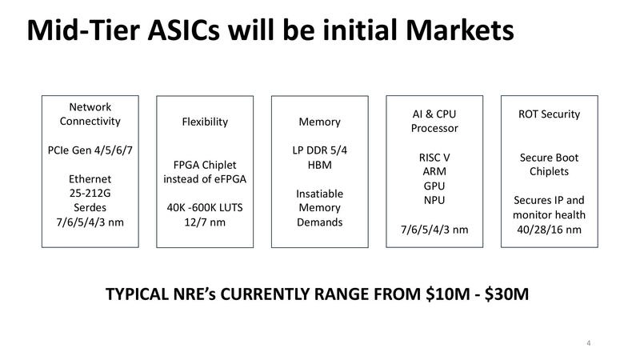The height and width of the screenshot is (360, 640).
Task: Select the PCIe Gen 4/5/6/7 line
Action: (90, 150)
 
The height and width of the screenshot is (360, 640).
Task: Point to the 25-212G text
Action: (90, 193)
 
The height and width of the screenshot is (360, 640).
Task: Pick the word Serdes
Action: (90, 207)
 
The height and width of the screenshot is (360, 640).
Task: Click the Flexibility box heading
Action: (205, 122)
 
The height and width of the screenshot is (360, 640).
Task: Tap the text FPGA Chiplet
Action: (205, 164)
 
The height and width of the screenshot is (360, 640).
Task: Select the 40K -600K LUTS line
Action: (205, 207)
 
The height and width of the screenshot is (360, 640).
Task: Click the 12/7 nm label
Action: (205, 222)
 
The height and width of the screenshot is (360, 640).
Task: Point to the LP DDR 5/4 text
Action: (319, 150)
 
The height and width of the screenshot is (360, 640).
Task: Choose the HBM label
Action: (319, 164)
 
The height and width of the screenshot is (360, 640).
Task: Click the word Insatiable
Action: (319, 193)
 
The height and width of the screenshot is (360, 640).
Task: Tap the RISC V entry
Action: (434, 157)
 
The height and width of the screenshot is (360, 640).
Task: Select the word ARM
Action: (434, 171)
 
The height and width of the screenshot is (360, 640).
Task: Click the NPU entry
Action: (434, 200)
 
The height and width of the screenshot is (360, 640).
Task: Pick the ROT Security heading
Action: (550, 114)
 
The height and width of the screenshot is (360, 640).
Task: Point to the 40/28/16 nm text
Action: (550, 230)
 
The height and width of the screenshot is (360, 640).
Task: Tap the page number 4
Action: (588, 344)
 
